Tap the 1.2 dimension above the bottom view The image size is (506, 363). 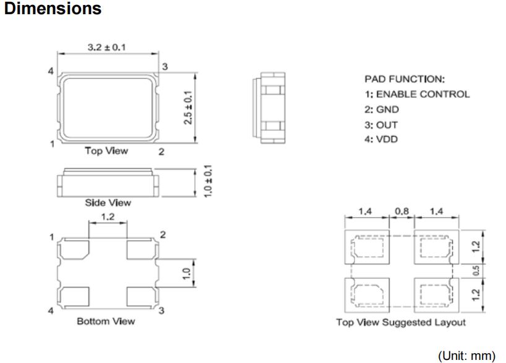pyautogui.click(x=108, y=218)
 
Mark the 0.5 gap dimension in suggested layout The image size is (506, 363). pyautogui.click(x=475, y=270)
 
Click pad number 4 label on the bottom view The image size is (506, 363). pyautogui.click(x=51, y=310)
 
